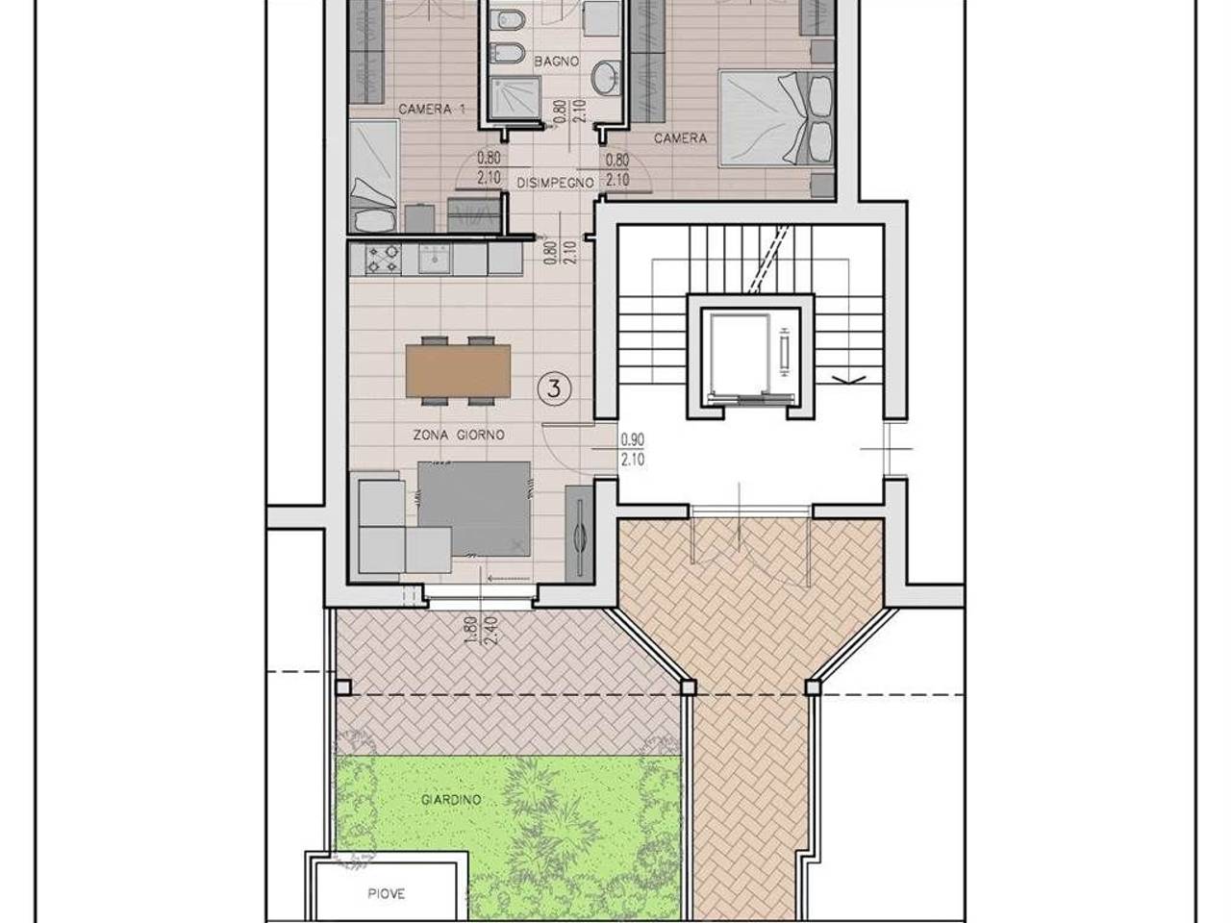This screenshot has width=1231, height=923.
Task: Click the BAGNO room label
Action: click(556, 62)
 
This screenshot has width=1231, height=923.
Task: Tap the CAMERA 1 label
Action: click(432, 109)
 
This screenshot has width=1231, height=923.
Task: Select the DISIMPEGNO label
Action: click(555, 183)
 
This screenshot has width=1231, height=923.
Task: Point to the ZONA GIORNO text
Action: click(459, 435)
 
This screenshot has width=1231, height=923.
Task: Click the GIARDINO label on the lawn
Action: click(451, 799)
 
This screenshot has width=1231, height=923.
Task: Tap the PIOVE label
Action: click(387, 893)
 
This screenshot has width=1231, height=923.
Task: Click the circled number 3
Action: click(554, 387)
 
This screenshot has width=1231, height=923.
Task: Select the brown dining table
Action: click(458, 370)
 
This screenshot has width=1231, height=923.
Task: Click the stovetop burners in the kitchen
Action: click(383, 260)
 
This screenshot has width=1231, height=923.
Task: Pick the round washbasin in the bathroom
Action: click(607, 78)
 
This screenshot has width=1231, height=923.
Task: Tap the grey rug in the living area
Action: click(474, 509)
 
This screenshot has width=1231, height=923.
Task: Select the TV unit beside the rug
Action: click(579, 533)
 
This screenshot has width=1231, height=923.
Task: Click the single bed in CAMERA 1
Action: click(373, 176)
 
